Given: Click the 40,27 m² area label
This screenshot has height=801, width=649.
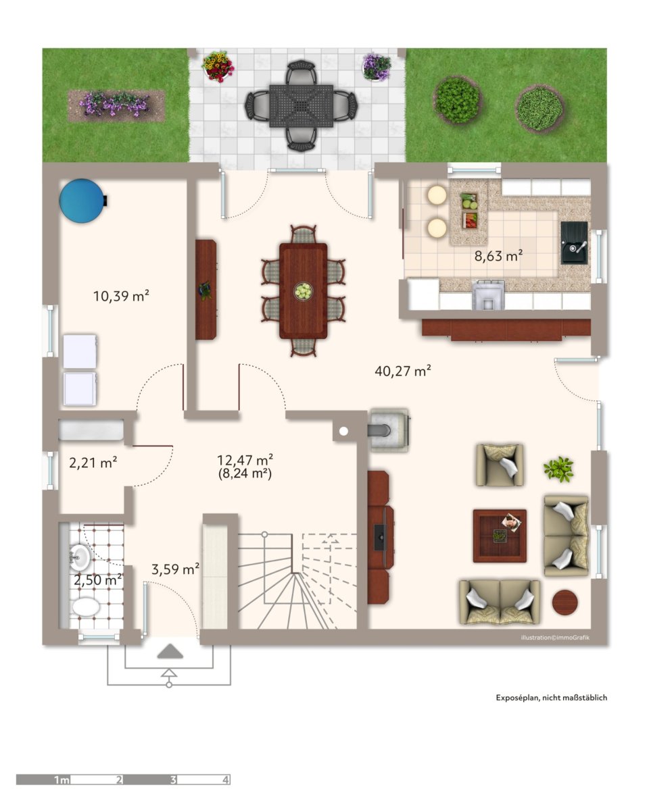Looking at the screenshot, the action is tap(402, 371).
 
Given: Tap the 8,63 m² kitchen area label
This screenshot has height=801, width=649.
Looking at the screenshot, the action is tap(498, 255).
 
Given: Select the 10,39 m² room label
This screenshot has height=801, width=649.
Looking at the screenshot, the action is tap(121, 296).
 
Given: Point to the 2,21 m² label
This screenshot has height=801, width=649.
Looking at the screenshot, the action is tap(93, 463).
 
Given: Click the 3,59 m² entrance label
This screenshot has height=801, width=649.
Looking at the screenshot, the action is tap(175, 569).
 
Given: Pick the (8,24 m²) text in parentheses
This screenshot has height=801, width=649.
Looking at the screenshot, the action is tap(245, 473).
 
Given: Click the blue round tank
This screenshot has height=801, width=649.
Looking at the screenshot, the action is tap(82, 200).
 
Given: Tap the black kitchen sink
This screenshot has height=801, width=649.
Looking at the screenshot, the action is tap(574, 242).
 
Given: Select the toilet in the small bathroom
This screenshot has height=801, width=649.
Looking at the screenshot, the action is tap(86, 607).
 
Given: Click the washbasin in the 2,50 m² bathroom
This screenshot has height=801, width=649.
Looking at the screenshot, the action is tap(80, 557).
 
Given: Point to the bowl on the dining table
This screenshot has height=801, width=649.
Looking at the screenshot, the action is tap(304, 290).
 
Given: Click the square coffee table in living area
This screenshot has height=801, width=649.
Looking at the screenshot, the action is tap(500, 536).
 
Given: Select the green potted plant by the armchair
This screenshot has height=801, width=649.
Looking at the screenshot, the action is tap(558, 469).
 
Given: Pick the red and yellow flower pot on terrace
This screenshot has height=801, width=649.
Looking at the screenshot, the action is tap(218, 67).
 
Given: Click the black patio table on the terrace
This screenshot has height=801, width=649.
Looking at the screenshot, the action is tap(302, 106).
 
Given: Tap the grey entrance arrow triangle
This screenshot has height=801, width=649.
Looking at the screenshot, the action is tap(170, 652).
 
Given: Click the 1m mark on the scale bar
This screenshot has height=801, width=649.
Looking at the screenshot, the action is tap(62, 780).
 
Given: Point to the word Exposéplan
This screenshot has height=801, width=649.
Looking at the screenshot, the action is tap(518, 698).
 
